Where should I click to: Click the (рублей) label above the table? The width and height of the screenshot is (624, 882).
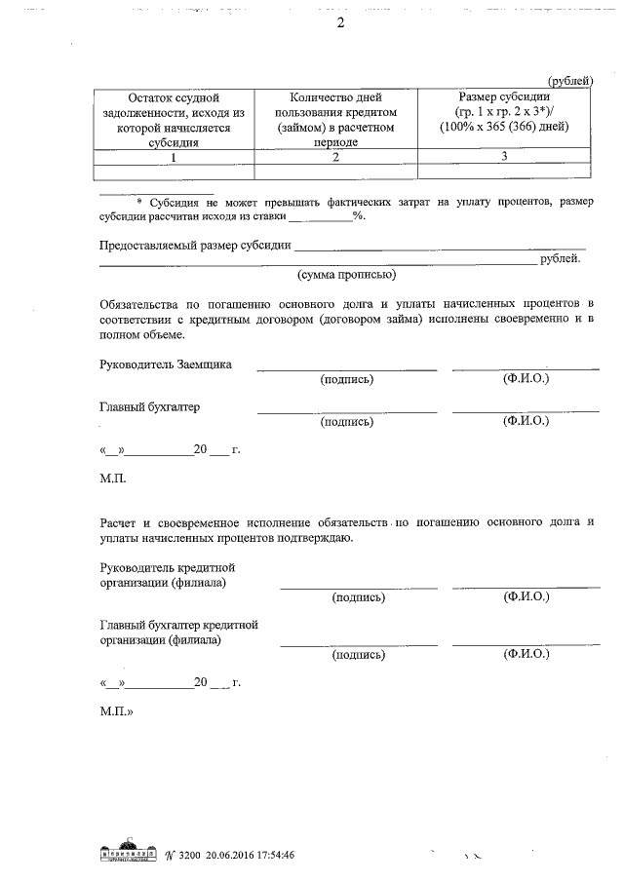coord(568,81)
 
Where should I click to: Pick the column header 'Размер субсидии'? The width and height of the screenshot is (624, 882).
coord(504,112)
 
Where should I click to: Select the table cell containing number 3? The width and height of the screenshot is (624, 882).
coord(504,156)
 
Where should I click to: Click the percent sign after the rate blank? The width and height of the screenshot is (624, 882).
coord(359,216)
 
